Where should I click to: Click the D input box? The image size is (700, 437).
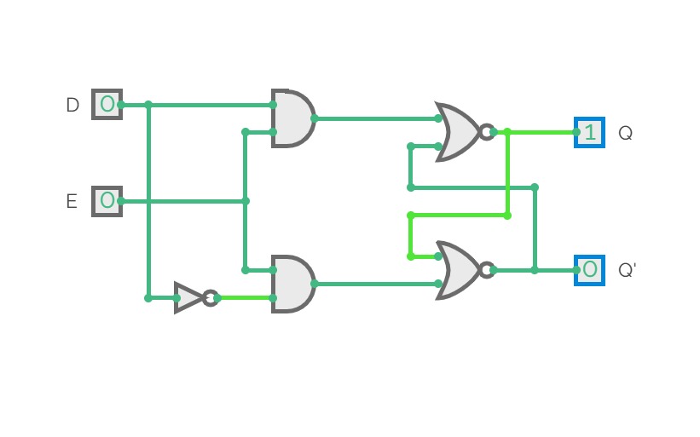point(107,104)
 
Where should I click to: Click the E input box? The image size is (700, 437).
point(107,201)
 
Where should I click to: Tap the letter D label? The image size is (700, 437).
point(72,105)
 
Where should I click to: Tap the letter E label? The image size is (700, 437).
point(72,202)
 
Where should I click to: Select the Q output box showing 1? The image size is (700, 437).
point(589,132)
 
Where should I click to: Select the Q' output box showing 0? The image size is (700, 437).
point(589,270)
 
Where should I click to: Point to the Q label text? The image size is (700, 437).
point(625,133)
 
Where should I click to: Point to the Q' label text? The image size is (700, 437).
point(627,271)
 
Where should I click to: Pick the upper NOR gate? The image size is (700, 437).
point(458,132)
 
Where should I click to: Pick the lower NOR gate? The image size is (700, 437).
point(458,270)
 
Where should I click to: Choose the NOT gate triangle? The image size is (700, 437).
point(188,297)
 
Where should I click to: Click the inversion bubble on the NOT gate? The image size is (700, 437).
point(210,297)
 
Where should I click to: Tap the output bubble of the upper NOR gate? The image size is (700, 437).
point(486,132)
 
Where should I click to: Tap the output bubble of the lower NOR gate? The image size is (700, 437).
point(486,270)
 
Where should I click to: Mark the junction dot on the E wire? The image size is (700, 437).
point(246,201)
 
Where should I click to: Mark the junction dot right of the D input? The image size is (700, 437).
point(148,105)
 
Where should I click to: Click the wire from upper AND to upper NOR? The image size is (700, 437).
point(375,118)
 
